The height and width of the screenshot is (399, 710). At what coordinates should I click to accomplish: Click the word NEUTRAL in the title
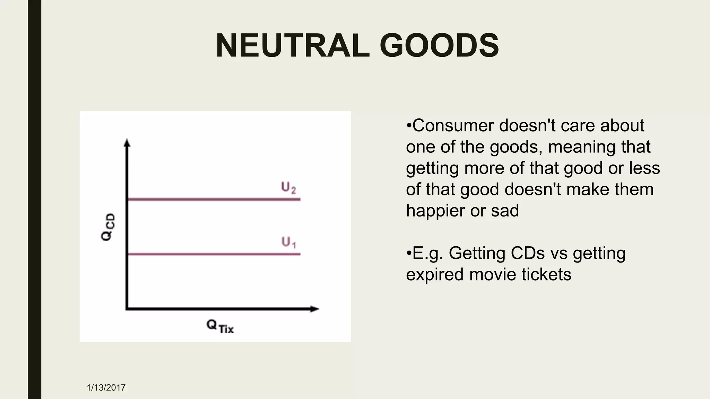pyautogui.click(x=293, y=46)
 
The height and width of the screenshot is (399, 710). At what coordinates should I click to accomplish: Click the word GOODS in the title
pyautogui.click(x=439, y=46)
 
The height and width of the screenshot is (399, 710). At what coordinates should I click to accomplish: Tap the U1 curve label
pyautogui.click(x=288, y=242)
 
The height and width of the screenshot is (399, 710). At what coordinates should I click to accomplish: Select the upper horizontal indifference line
pyautogui.click(x=214, y=199)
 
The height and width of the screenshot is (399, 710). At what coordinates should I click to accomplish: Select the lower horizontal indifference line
pyautogui.click(x=214, y=254)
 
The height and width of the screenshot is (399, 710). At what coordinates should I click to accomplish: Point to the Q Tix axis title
pyautogui.click(x=220, y=326)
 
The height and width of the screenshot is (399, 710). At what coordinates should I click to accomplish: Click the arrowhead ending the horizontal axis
pyautogui.click(x=314, y=309)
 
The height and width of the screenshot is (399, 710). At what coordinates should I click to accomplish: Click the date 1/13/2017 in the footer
pyautogui.click(x=106, y=388)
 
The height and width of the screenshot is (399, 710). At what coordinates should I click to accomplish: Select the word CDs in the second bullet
pyautogui.click(x=528, y=253)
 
